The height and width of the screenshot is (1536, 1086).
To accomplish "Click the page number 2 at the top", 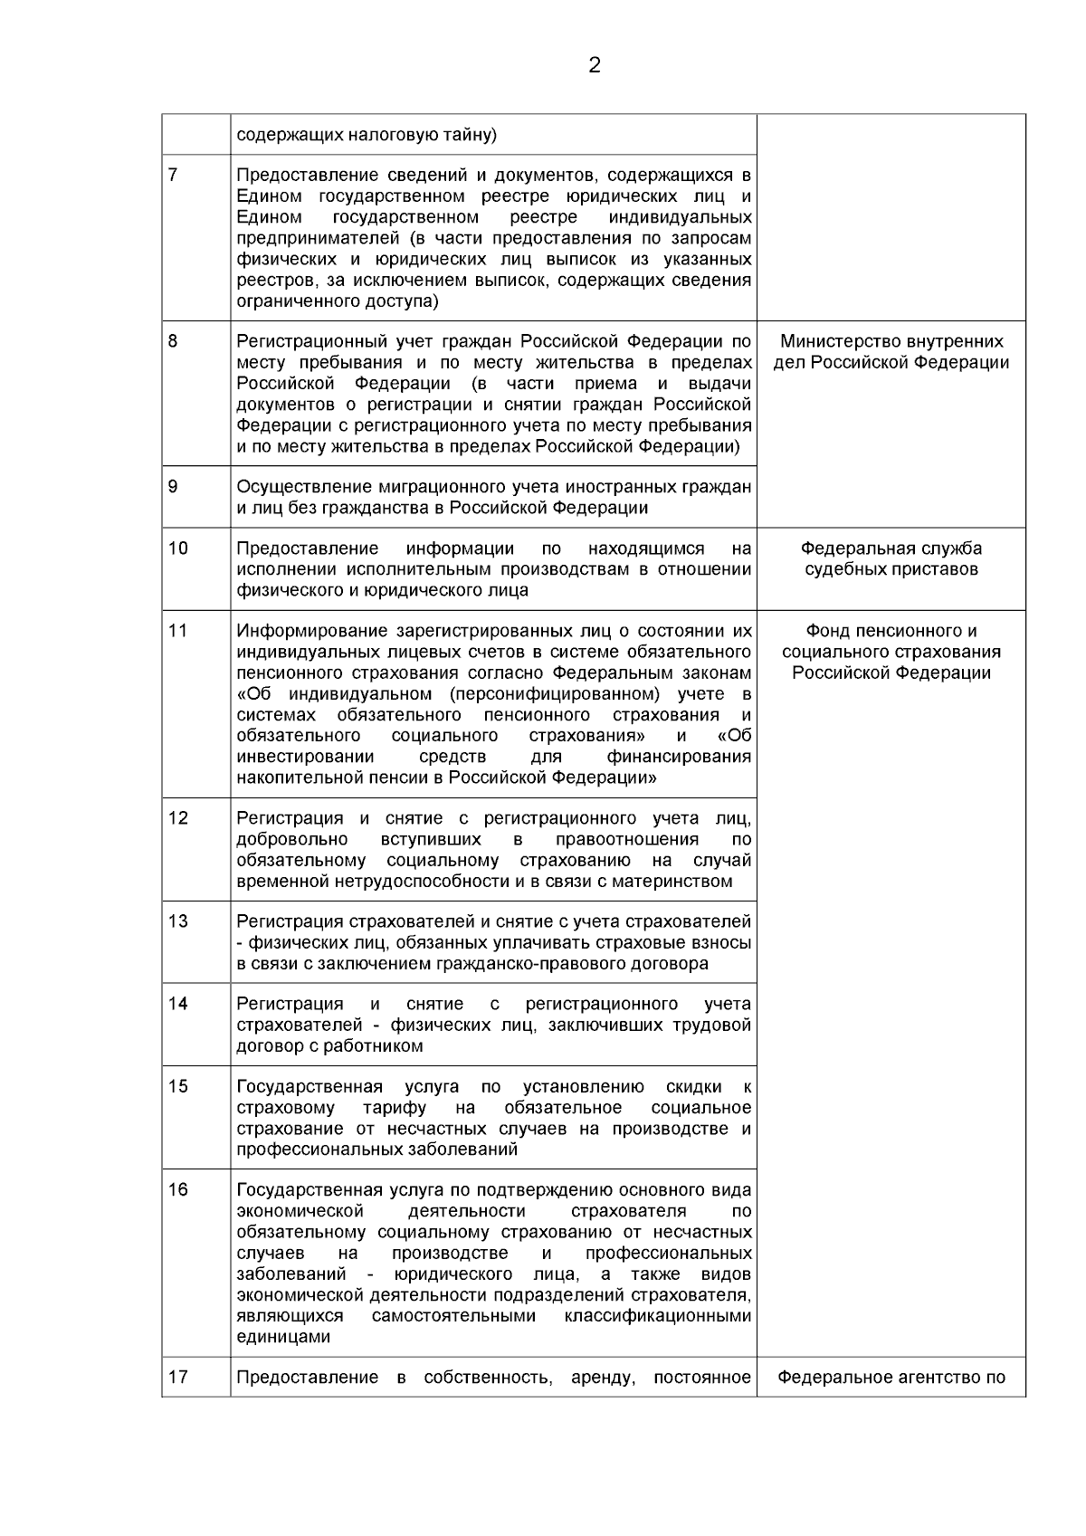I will click(x=594, y=65).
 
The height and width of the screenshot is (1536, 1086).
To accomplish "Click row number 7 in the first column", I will click(x=173, y=175).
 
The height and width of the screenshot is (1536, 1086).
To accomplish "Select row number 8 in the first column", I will click(x=173, y=341).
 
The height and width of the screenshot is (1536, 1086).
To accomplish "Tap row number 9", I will click(x=173, y=487).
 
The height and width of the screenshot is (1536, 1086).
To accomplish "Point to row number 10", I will click(x=177, y=549).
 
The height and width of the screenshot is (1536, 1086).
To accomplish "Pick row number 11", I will click(x=177, y=631).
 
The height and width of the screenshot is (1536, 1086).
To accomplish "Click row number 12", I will click(x=177, y=818).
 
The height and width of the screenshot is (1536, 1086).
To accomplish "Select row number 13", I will click(x=177, y=921).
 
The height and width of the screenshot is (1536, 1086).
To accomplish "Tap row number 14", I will click(x=177, y=1004).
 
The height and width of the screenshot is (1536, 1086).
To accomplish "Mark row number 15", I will click(x=177, y=1086).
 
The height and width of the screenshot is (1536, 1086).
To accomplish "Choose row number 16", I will click(x=177, y=1189).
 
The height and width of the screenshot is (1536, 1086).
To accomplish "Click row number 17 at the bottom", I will click(x=177, y=1378).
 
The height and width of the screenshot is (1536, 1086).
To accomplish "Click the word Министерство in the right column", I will click(x=833, y=341).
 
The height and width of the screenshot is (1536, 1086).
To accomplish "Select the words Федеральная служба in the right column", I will click(x=891, y=549).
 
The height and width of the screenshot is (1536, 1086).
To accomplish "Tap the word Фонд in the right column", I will click(x=825, y=631).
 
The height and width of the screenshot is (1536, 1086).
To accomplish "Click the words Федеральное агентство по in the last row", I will click(x=891, y=1378).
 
